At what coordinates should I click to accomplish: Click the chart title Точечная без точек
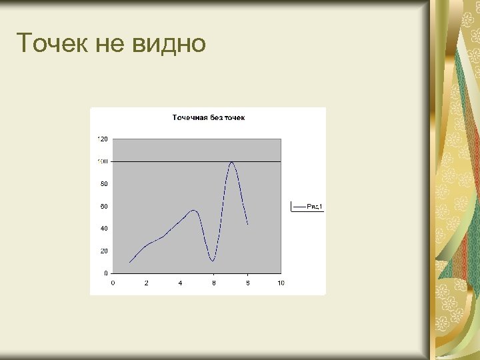209,118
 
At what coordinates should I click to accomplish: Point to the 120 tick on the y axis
103,139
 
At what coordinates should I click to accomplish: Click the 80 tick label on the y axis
104,184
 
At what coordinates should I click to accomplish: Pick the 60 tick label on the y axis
104,207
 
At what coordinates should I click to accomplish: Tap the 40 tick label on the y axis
104,229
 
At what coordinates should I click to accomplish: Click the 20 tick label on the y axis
104,251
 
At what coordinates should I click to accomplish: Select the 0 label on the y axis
106,273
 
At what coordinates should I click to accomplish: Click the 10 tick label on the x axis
281,283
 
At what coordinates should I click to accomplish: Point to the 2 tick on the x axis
147,283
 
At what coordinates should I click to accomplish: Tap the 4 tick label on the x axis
180,283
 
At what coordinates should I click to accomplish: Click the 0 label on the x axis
113,283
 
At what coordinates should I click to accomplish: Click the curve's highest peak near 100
231,162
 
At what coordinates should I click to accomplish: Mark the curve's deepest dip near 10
213,260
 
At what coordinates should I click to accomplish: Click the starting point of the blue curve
130,262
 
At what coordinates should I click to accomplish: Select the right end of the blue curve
247,224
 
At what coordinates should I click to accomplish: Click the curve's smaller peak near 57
195,210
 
